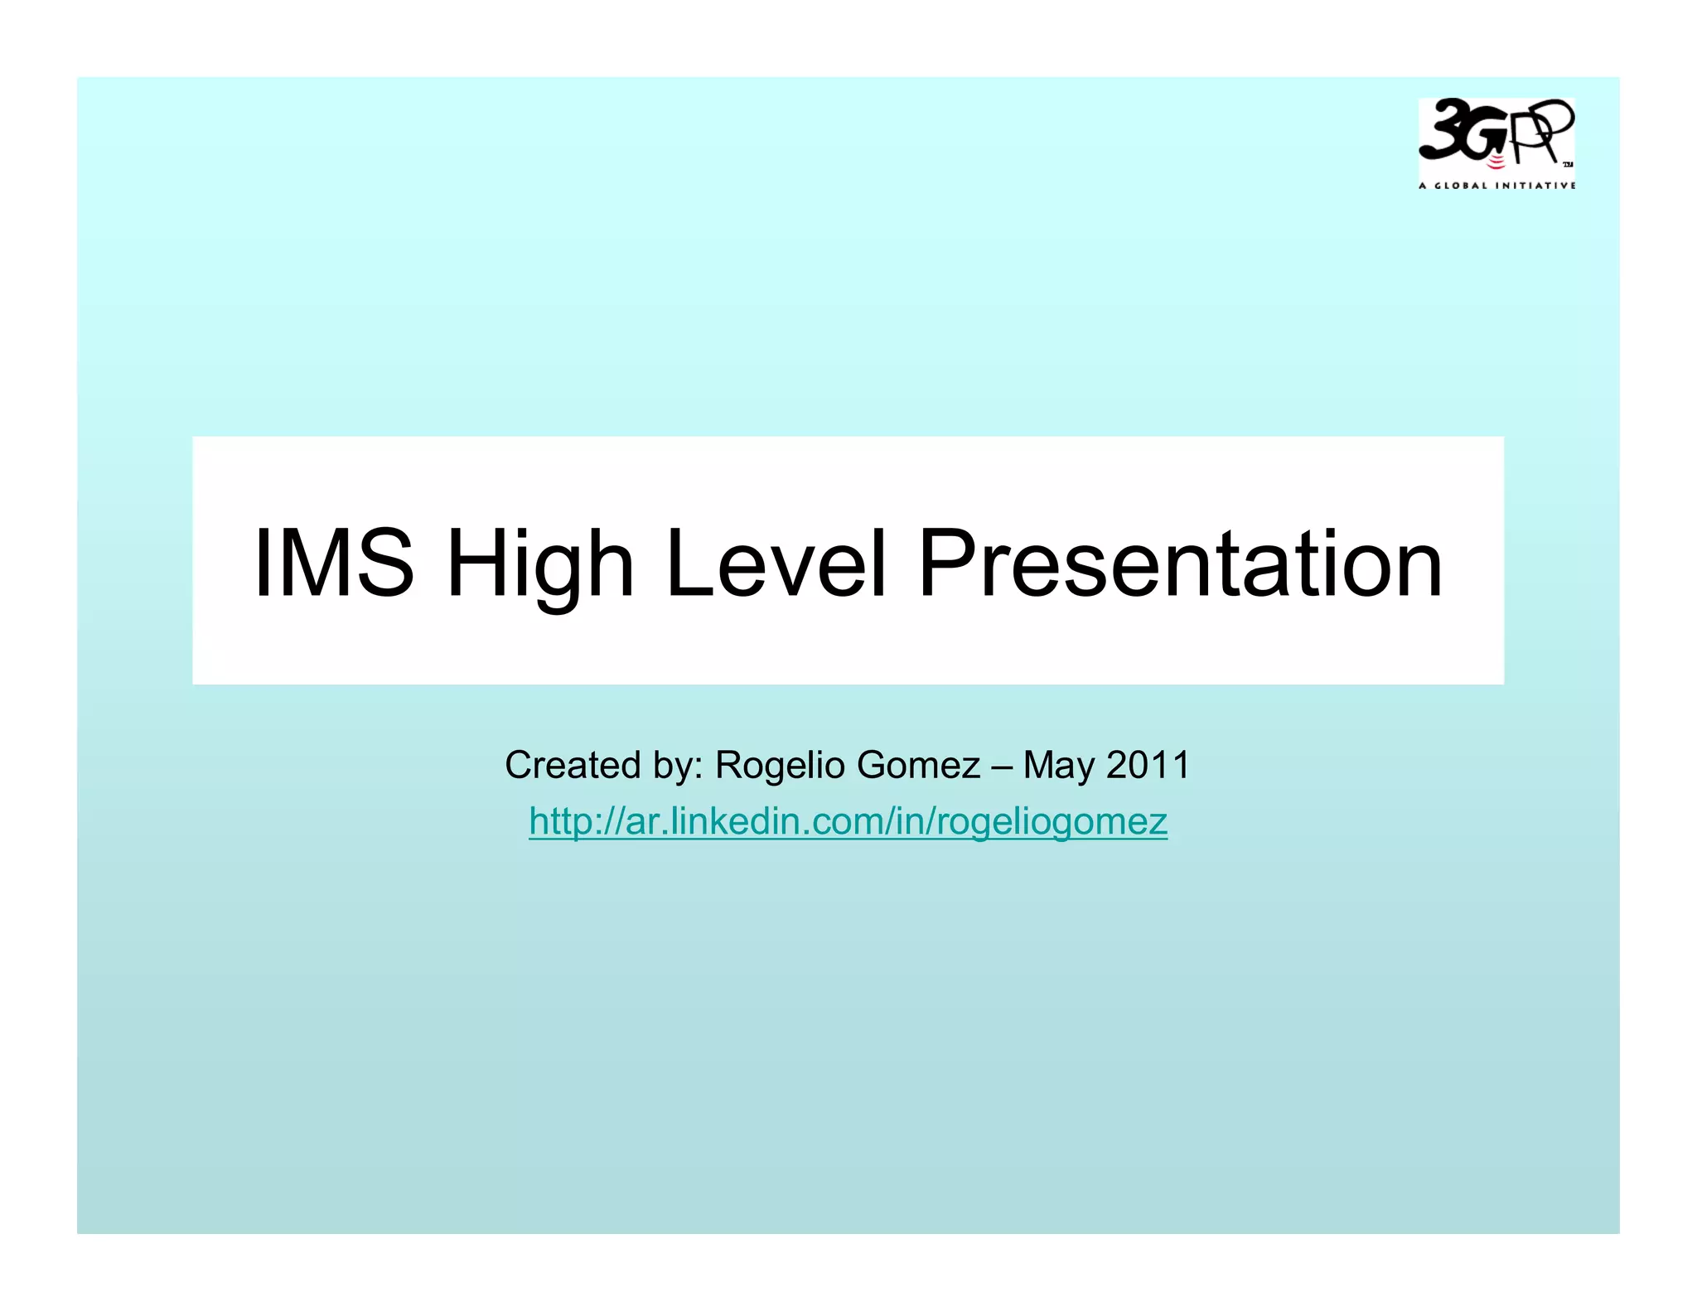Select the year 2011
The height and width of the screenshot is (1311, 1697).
pos(1148,765)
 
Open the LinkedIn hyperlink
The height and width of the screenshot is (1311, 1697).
pos(848,821)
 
